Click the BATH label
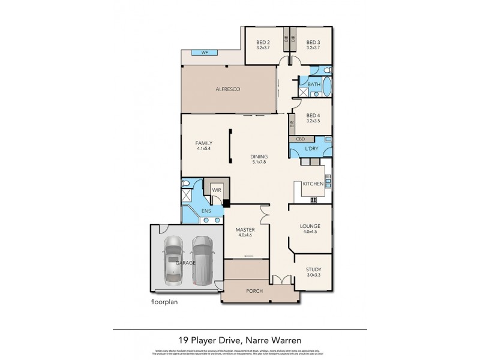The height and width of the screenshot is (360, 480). pyautogui.click(x=314, y=85)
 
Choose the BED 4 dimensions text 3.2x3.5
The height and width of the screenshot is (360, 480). pyautogui.click(x=314, y=121)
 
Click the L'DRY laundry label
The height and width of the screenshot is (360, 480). pyautogui.click(x=311, y=148)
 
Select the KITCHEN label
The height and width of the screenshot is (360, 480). pyautogui.click(x=313, y=183)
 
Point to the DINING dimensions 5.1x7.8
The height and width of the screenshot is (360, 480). pyautogui.click(x=259, y=161)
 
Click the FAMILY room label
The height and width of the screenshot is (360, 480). pyautogui.click(x=204, y=143)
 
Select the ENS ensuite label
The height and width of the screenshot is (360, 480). pyautogui.click(x=206, y=211)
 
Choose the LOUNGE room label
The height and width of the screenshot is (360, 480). pyautogui.click(x=310, y=226)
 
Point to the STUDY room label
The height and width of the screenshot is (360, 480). pyautogui.click(x=313, y=270)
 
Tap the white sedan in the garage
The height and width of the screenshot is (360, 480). pyautogui.click(x=172, y=260)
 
